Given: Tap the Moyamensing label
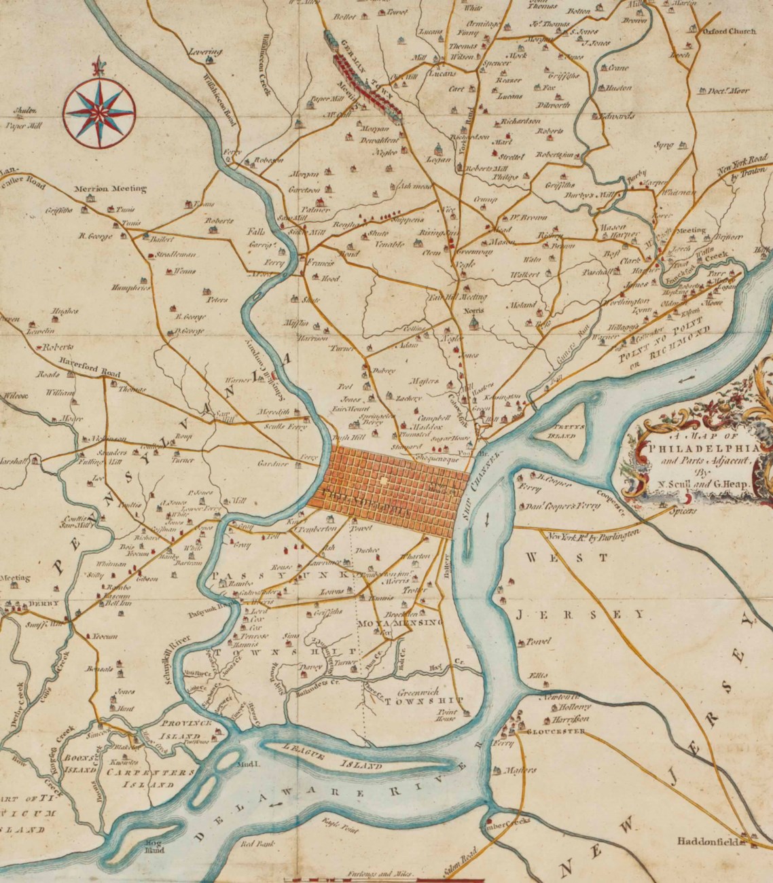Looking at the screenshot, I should tap(400, 622).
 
